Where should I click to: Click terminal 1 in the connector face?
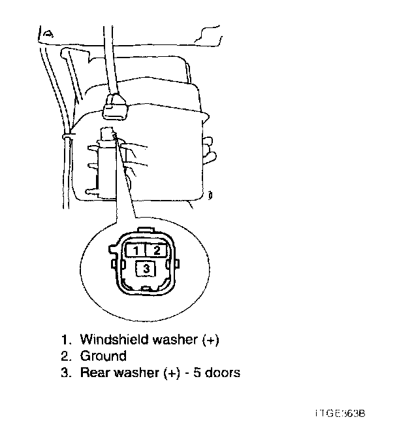click(135, 250)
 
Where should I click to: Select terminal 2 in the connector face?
click(155, 250)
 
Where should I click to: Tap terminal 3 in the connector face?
click(146, 268)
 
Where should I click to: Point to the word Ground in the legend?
click(103, 356)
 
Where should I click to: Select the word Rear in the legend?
click(93, 373)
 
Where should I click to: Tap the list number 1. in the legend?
click(65, 339)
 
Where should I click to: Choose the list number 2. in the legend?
click(65, 356)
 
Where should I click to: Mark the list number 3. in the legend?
click(65, 373)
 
